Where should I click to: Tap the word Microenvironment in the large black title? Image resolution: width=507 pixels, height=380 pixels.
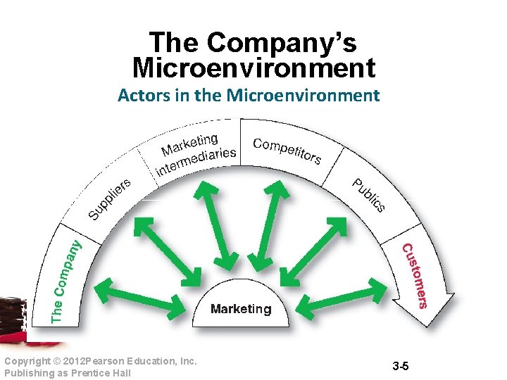pos(254,69)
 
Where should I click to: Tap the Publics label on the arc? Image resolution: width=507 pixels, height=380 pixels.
pos(369,195)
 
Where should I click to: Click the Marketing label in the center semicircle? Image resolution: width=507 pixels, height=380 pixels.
pos(241,309)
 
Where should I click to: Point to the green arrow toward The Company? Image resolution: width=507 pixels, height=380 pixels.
pos(138,296)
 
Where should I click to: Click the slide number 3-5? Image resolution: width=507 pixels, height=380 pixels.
pos(401,367)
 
